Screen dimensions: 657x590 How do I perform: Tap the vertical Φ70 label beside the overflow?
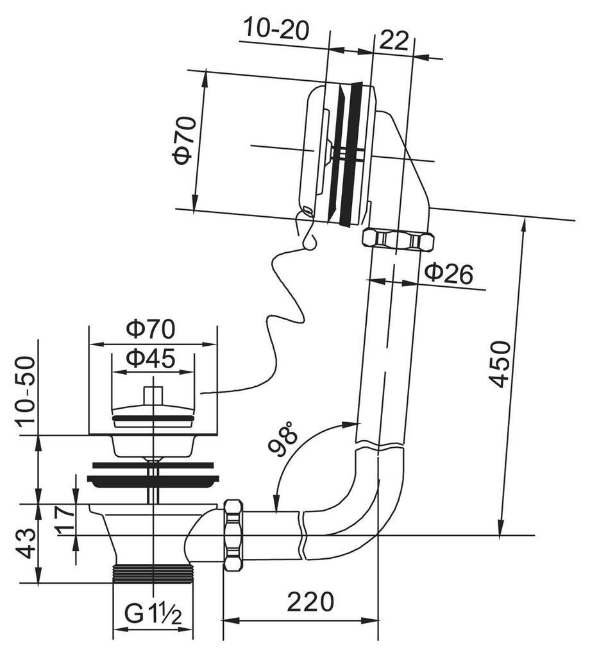point(183,141)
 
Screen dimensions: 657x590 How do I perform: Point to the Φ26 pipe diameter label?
point(448,274)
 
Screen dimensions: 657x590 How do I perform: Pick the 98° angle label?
point(283,438)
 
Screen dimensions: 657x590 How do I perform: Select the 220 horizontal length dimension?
point(310,602)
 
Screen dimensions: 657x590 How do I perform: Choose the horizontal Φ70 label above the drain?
point(150,329)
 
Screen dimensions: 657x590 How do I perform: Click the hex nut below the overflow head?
point(398,240)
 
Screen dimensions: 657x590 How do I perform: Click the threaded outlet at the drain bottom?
point(153,574)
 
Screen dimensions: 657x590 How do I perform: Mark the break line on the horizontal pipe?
point(301,534)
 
